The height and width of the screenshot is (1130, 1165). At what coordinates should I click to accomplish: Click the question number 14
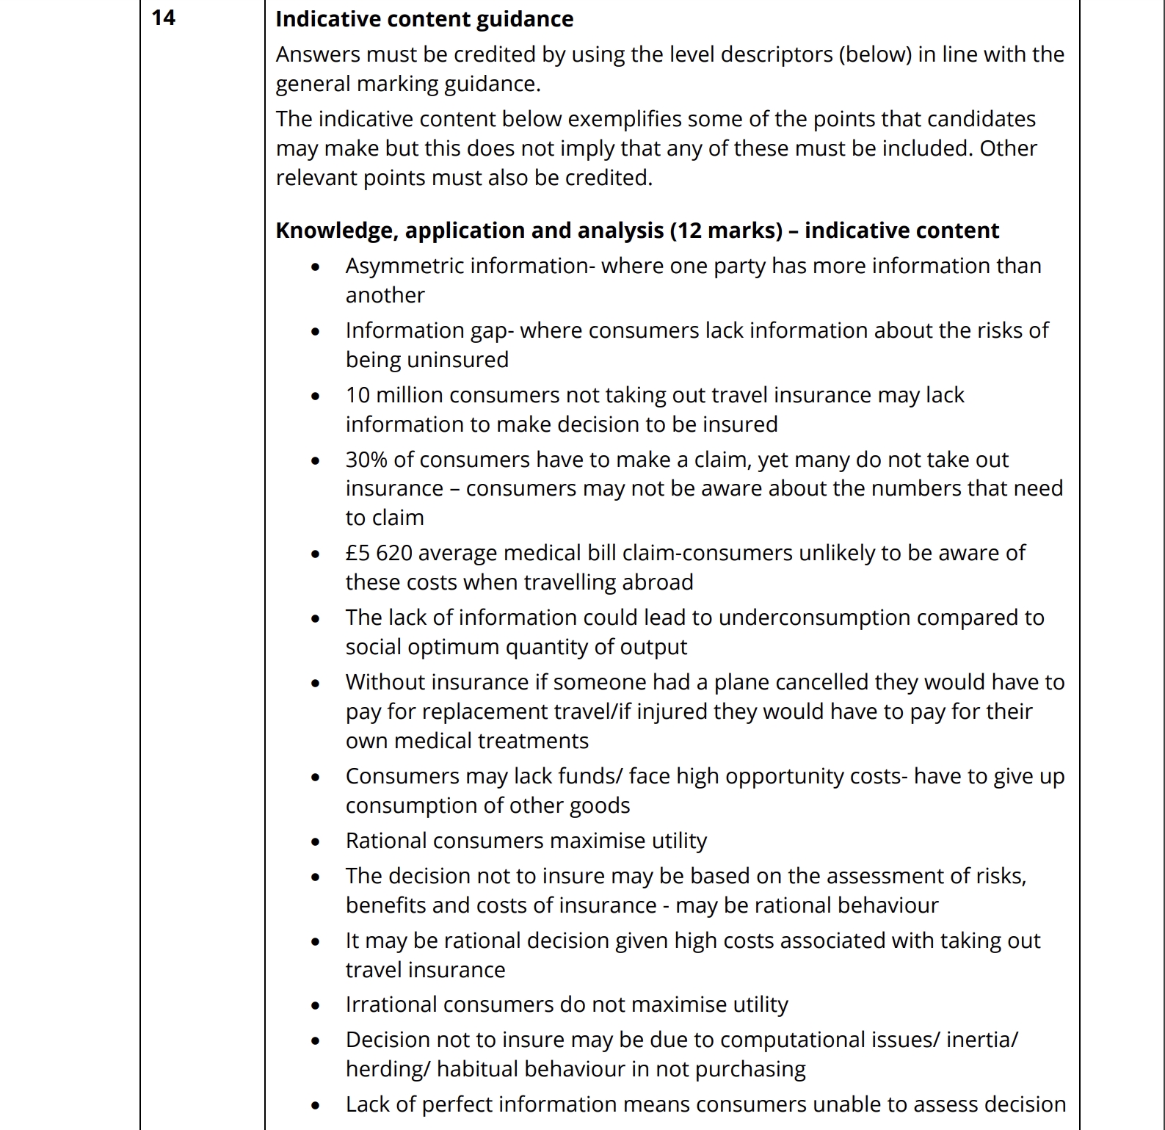click(x=164, y=18)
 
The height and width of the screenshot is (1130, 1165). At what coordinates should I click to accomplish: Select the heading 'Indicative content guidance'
click(x=424, y=19)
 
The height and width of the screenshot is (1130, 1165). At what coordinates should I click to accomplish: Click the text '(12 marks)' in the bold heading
click(x=726, y=231)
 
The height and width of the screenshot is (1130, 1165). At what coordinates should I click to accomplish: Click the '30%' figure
click(x=366, y=460)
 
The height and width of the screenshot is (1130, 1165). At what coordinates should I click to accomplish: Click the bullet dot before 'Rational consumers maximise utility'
click(x=316, y=842)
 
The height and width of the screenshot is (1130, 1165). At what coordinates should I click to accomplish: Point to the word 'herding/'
click(x=388, y=1069)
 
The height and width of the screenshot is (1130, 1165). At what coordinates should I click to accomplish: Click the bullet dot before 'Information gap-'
click(x=316, y=332)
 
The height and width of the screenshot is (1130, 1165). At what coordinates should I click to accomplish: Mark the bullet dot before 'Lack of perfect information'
click(x=316, y=1106)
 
